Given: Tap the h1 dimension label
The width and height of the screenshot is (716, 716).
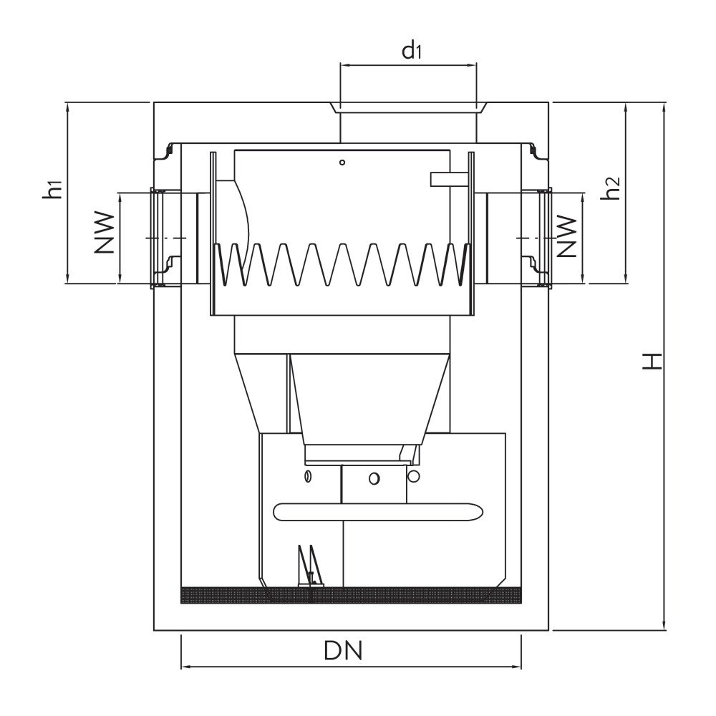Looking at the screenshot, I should point(52,191).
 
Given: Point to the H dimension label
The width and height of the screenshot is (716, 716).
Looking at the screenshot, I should point(650,361).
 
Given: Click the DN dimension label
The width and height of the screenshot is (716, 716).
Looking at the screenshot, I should point(343,651).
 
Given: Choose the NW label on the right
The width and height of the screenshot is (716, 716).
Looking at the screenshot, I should point(567,237).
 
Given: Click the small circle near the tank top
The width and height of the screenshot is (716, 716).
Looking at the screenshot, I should point(343,163).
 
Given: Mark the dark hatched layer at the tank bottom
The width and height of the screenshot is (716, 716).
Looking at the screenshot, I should point(351,595).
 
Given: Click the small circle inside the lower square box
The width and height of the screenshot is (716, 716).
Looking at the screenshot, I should point(373,478).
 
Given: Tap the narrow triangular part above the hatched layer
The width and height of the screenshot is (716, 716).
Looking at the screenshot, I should point(306,566).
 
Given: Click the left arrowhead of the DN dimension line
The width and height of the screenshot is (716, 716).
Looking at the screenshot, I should point(184,667).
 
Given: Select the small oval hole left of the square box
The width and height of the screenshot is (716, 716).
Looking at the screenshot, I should point(309,477).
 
